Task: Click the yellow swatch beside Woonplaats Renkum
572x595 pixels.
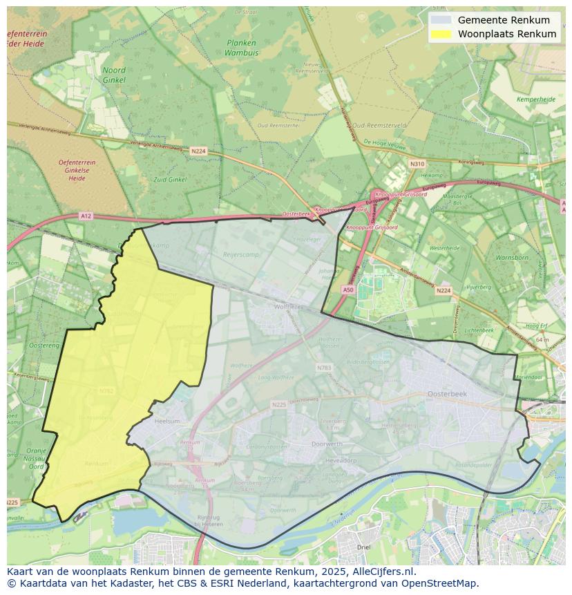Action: tap(442, 34)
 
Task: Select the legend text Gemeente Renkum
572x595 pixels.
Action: tap(504, 20)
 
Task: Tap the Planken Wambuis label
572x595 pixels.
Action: tap(240, 47)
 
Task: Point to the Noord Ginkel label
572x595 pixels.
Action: tap(114, 75)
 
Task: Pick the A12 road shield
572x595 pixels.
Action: tap(85, 216)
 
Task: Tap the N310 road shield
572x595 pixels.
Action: tap(417, 164)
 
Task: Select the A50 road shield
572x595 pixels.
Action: tap(348, 290)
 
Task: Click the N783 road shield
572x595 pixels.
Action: tap(324, 368)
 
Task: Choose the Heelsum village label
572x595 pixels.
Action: tap(168, 420)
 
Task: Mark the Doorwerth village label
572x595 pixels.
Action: tap(327, 444)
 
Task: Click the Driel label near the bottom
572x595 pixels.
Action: tap(363, 547)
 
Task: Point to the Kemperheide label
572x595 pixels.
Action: tap(536, 100)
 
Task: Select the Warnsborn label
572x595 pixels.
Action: tap(511, 258)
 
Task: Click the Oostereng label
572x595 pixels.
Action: tap(44, 345)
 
